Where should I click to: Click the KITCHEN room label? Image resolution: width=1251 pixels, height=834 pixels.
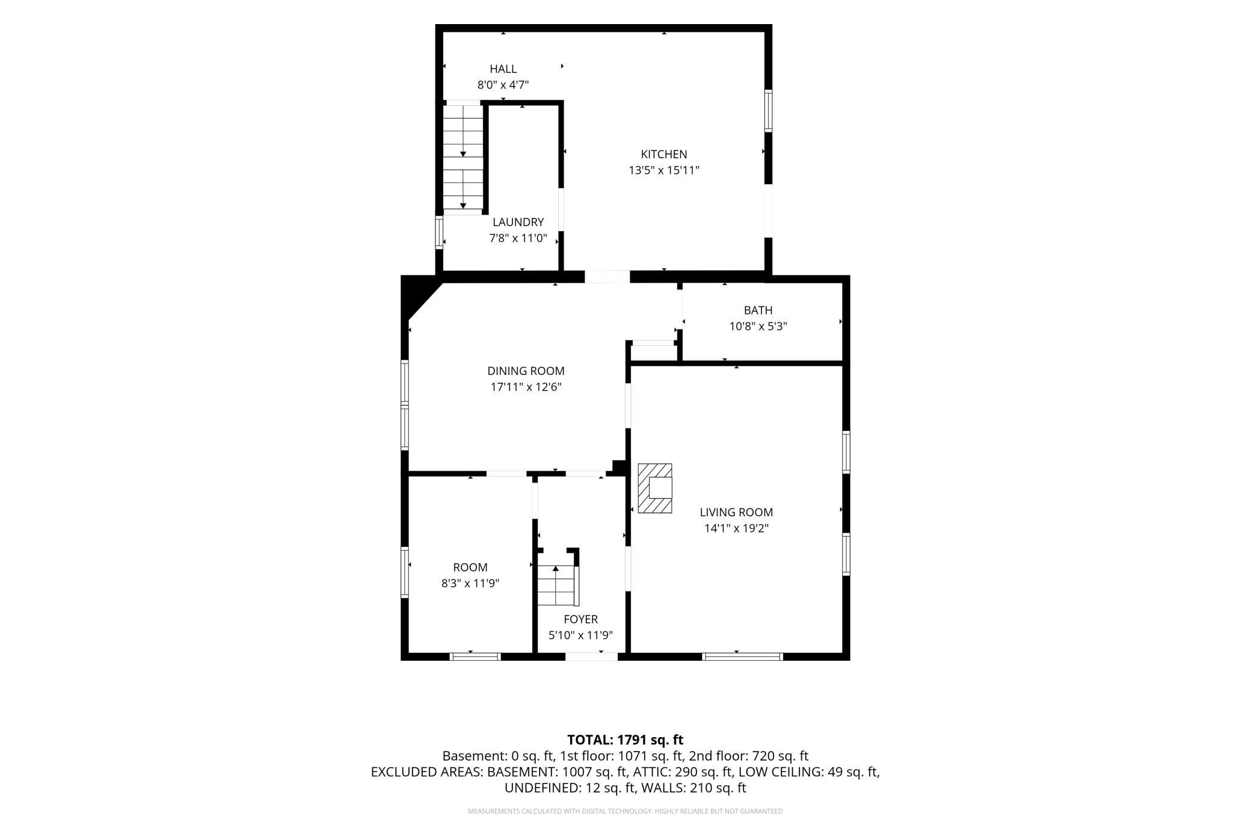(663, 154)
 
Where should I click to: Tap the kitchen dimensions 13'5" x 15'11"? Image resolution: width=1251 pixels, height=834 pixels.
(664, 170)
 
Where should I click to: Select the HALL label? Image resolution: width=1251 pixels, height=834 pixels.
(503, 69)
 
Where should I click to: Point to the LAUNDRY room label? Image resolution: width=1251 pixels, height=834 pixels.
(518, 222)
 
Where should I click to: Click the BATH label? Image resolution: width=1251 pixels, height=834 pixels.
(758, 310)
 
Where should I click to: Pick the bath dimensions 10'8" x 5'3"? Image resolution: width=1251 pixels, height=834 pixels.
(758, 326)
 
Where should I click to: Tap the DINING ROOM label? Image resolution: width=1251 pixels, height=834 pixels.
(526, 371)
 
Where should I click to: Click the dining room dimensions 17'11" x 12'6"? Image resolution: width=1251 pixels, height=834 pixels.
(526, 387)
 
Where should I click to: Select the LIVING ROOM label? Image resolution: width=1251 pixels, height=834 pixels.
(736, 512)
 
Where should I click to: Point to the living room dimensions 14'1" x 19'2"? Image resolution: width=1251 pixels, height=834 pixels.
(736, 528)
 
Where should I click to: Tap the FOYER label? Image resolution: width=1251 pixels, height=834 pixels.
(580, 619)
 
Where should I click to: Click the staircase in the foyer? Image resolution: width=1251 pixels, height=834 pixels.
(558, 585)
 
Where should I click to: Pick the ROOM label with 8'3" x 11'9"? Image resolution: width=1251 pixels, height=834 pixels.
(470, 567)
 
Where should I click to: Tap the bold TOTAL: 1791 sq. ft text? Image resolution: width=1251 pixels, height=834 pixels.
(625, 740)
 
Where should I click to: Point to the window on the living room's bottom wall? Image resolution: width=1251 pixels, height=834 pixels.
(743, 656)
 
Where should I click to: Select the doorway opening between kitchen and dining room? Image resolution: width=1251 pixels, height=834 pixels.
(607, 277)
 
